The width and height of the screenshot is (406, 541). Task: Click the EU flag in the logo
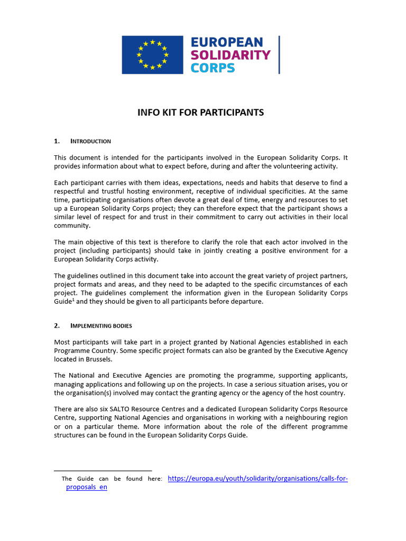pos(152,55)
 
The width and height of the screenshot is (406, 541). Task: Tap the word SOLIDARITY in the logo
pos(230,55)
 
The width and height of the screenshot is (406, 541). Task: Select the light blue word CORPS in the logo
pos(213,68)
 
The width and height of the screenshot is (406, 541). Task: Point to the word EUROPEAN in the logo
pos(226,42)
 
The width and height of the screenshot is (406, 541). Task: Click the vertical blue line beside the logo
pos(279,55)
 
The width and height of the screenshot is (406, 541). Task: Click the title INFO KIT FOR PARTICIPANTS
pos(200,113)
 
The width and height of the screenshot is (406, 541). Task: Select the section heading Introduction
pos(90,141)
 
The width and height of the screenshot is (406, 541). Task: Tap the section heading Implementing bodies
pos(101,325)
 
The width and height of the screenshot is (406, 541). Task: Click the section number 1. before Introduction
pos(57,141)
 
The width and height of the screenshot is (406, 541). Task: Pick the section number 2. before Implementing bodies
pos(57,325)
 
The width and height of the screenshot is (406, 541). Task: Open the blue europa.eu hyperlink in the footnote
pos(257,478)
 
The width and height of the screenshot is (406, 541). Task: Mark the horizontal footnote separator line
pos(103,470)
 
